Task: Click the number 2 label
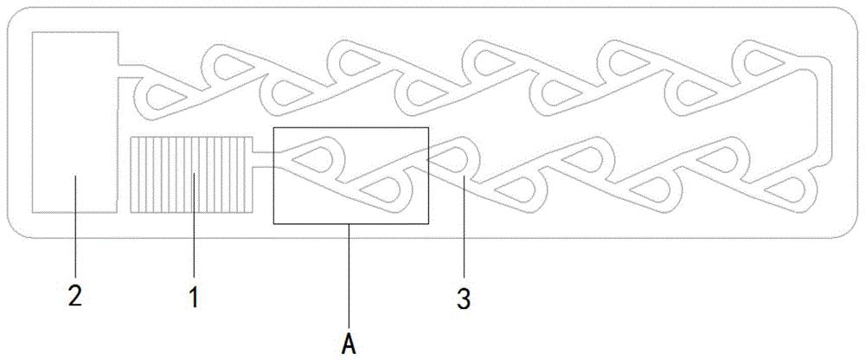(x=75, y=296)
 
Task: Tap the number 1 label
(x=194, y=297)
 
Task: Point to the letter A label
(x=349, y=347)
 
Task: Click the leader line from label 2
(x=75, y=229)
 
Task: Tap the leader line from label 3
(x=465, y=225)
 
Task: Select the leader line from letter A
(x=349, y=277)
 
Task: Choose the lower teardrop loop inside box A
(x=380, y=189)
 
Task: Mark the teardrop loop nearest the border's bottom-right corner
(x=791, y=189)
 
